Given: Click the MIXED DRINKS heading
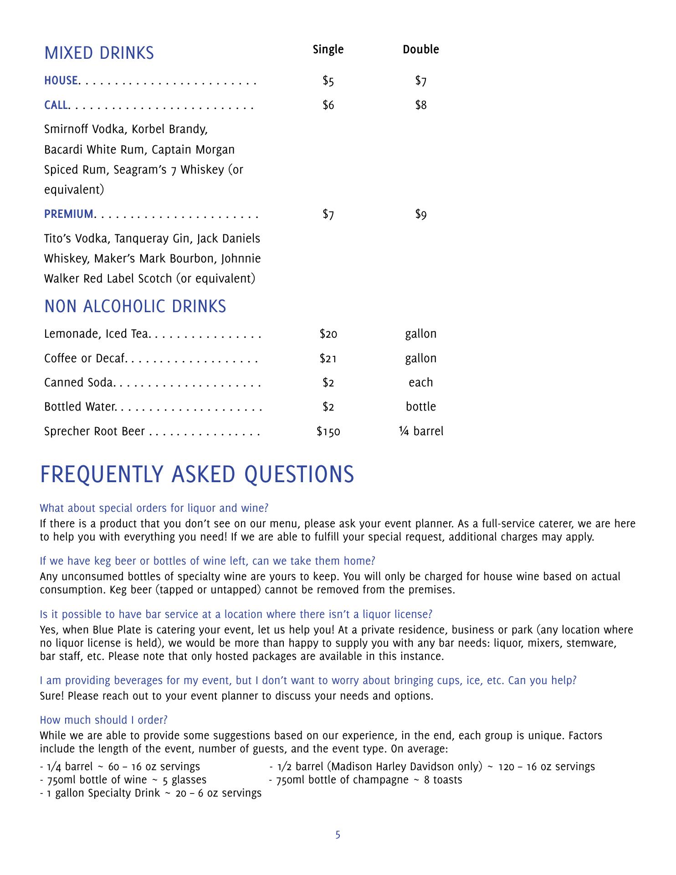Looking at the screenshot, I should pos(99,53).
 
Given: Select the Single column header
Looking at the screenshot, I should pos(328,49).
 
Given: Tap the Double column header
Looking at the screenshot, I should pos(420,49).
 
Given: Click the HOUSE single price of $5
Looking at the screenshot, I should pos(328,81).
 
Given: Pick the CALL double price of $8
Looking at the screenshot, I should pos(420,105).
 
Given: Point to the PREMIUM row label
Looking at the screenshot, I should pos(69,214).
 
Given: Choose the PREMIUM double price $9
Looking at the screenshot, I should pos(420,214).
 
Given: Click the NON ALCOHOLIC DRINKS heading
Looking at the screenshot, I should pos(135,306).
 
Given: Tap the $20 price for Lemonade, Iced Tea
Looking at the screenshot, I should pos(328,334).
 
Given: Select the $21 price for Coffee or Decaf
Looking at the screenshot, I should pos(328,359).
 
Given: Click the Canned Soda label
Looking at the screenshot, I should pos(78,383).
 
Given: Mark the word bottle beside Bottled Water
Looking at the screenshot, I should pos(420,407).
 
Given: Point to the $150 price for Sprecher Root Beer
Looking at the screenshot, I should pos(328,432).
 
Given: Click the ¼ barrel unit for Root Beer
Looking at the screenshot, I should pos(420,431).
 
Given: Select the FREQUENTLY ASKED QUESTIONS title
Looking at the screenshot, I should pos(197,474).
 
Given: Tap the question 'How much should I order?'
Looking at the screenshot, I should pos(103,720).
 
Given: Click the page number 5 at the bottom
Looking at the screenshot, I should pos(338,835).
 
